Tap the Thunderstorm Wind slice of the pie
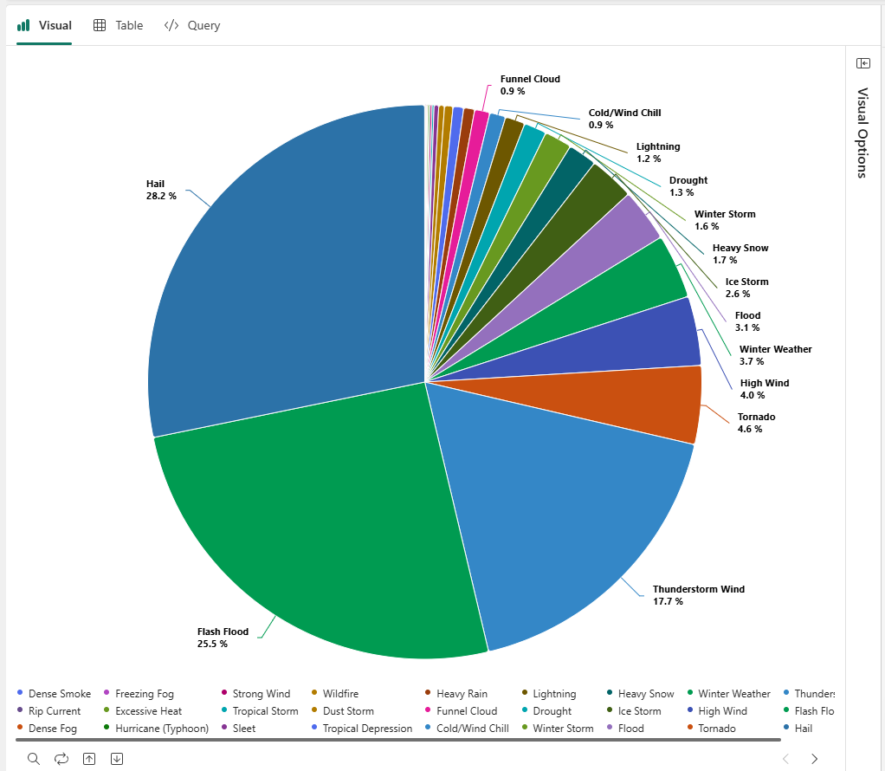pos(554,502)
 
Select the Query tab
pos(192,25)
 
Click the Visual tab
pos(45,25)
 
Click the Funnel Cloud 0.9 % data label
pos(530,85)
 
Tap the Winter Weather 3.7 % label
pos(775,355)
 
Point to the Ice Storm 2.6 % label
pos(746,288)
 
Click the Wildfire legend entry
pos(340,694)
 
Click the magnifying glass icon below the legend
pos(34,759)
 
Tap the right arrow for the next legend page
pos(814,759)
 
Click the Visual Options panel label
pos(862,132)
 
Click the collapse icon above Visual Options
pos(862,63)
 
